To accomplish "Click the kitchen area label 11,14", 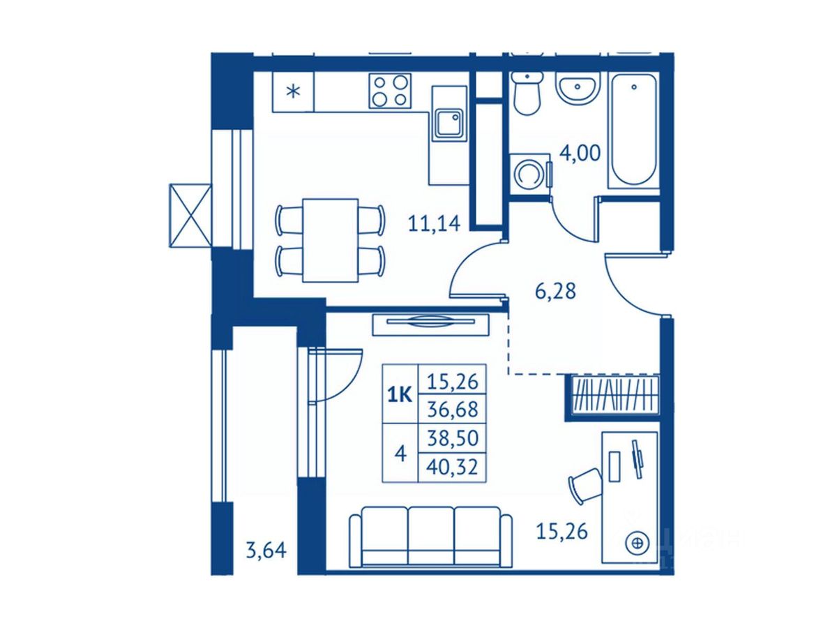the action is pyautogui.click(x=434, y=223).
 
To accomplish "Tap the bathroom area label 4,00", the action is pyautogui.click(x=580, y=154).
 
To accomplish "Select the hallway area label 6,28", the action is pyautogui.click(x=555, y=292).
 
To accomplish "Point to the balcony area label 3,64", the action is pyautogui.click(x=266, y=551).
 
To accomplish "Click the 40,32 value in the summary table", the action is pyautogui.click(x=452, y=468).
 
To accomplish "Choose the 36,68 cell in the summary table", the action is pyautogui.click(x=452, y=410).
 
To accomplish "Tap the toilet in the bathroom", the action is pyautogui.click(x=527, y=93).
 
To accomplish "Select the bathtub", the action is pyautogui.click(x=633, y=130).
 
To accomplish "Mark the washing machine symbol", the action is pyautogui.click(x=529, y=174).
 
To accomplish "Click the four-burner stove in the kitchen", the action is pyautogui.click(x=390, y=91).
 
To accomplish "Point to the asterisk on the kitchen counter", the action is pyautogui.click(x=293, y=91).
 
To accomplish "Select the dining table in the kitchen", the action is pyautogui.click(x=330, y=240).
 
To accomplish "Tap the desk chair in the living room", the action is pyautogui.click(x=585, y=486).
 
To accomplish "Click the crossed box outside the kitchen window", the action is pyautogui.click(x=190, y=216).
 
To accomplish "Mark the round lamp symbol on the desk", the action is pyautogui.click(x=635, y=542).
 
